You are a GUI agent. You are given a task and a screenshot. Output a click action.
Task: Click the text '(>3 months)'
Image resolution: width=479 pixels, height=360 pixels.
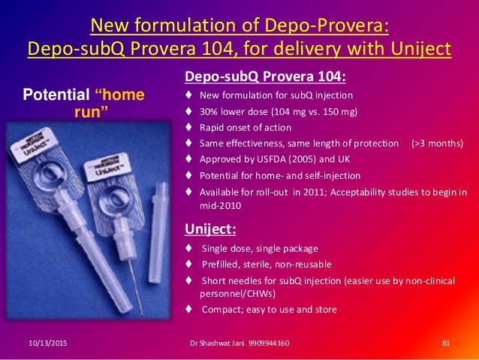coord(438,143)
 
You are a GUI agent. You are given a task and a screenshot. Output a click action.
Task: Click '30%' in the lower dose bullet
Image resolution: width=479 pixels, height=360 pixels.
coord(209,111)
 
